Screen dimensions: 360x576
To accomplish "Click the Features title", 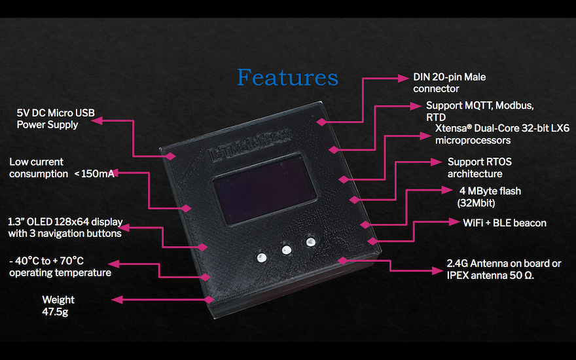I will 287,77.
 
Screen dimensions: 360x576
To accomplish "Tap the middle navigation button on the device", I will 286,249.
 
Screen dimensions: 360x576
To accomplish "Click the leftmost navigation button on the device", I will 262,256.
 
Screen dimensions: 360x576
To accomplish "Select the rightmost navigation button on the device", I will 310,243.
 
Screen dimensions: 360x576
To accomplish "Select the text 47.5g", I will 55,312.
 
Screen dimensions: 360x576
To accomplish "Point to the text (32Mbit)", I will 477,203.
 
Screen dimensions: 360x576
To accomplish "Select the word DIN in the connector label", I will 422,77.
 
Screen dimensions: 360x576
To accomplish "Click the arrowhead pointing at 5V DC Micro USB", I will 104,119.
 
